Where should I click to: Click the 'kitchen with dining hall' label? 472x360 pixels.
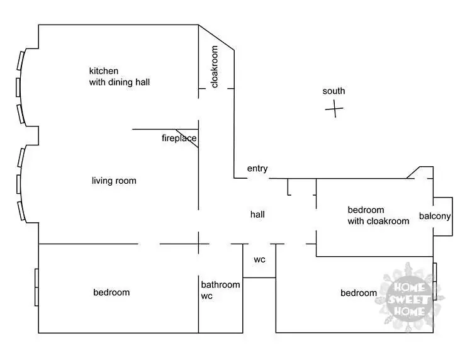[x=119, y=76]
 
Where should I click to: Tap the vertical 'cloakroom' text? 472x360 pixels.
[x=215, y=67]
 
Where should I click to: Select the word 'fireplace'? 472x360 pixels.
[x=179, y=138]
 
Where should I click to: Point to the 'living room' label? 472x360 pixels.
[x=114, y=181]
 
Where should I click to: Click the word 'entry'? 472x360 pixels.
[x=257, y=169]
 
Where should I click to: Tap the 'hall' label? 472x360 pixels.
[x=257, y=215]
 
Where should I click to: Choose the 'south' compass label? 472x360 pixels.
[x=334, y=91]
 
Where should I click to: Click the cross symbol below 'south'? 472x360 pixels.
[x=334, y=109]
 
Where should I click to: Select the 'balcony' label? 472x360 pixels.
[x=435, y=216]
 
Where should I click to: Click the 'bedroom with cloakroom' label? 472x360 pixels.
[x=378, y=215]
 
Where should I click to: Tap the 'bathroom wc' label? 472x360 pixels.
[x=220, y=290]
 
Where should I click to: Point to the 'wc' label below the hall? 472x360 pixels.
[x=259, y=259]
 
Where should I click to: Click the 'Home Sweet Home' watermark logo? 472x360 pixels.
[x=410, y=296]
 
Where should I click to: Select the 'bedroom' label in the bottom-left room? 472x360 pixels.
[x=111, y=292]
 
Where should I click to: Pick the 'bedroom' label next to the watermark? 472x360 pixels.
[x=359, y=293]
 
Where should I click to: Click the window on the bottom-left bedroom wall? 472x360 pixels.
[x=37, y=288]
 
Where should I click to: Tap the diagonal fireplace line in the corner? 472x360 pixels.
[x=188, y=138]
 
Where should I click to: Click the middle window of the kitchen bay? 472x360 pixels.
[x=18, y=87]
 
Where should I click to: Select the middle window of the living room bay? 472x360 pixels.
[x=19, y=184]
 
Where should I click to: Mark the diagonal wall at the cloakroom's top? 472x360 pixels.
[x=216, y=37]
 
